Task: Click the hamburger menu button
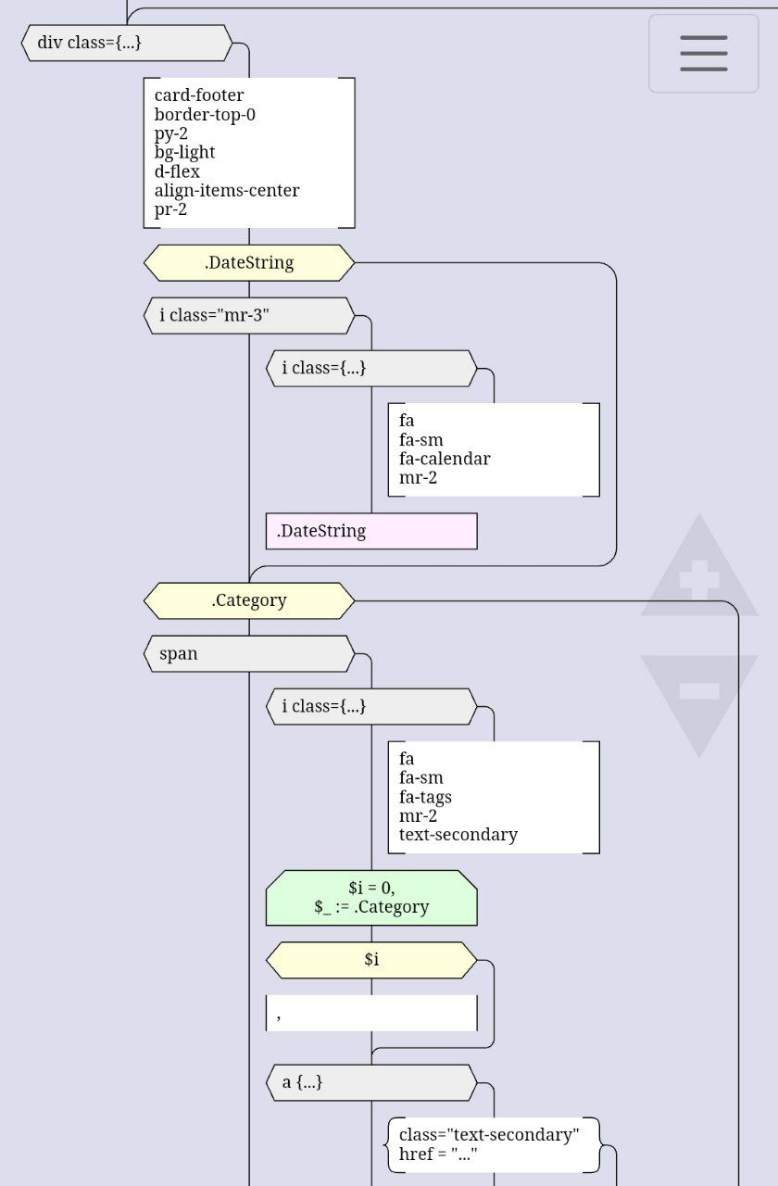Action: tap(703, 53)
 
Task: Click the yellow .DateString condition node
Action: tap(249, 263)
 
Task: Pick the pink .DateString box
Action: tap(371, 532)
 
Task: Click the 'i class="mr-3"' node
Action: tap(249, 316)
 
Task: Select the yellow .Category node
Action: tap(249, 600)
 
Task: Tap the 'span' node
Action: tap(249, 654)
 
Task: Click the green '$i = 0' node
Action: tap(371, 898)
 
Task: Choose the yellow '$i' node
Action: tap(371, 960)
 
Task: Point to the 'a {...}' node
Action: tap(371, 1082)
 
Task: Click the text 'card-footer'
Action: tap(199, 95)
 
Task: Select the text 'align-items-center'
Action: tap(227, 191)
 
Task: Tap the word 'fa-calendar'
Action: tap(445, 459)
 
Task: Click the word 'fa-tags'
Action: tap(425, 797)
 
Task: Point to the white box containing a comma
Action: tap(371, 1014)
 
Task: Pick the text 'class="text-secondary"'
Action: tap(489, 1135)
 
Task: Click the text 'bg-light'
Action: tap(185, 153)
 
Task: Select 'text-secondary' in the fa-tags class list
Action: tap(458, 835)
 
